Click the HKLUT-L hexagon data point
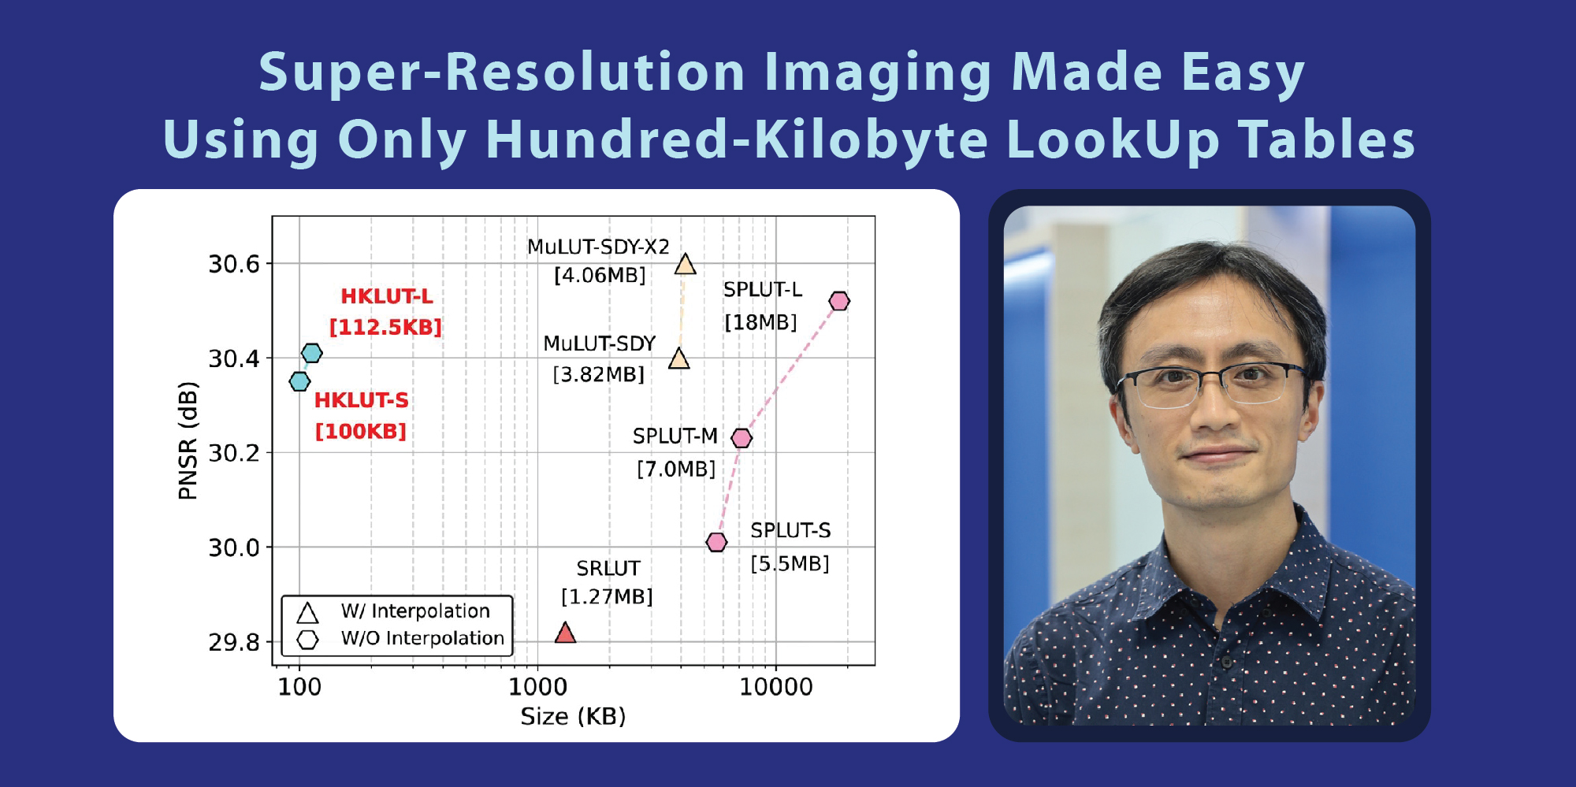pyautogui.click(x=312, y=353)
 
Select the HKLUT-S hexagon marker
pyautogui.click(x=299, y=381)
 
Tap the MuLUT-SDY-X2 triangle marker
pyautogui.click(x=686, y=265)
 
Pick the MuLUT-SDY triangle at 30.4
pyautogui.click(x=679, y=359)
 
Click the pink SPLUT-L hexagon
pyautogui.click(x=839, y=301)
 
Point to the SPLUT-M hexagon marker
pyautogui.click(x=742, y=438)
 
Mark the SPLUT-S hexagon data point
pyautogui.click(x=716, y=542)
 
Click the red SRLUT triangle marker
pyautogui.click(x=565, y=633)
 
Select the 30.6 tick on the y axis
pyautogui.click(x=234, y=264)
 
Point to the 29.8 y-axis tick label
pyautogui.click(x=234, y=643)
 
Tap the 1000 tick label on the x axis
pyautogui.click(x=537, y=687)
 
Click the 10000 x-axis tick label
pyautogui.click(x=776, y=687)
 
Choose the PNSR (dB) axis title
pyautogui.click(x=188, y=441)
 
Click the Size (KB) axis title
pyautogui.click(x=573, y=716)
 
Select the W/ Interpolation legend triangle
pyautogui.click(x=307, y=613)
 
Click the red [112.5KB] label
pyautogui.click(x=385, y=327)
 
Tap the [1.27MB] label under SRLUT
pyautogui.click(x=607, y=596)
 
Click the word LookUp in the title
pyautogui.click(x=1113, y=141)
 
